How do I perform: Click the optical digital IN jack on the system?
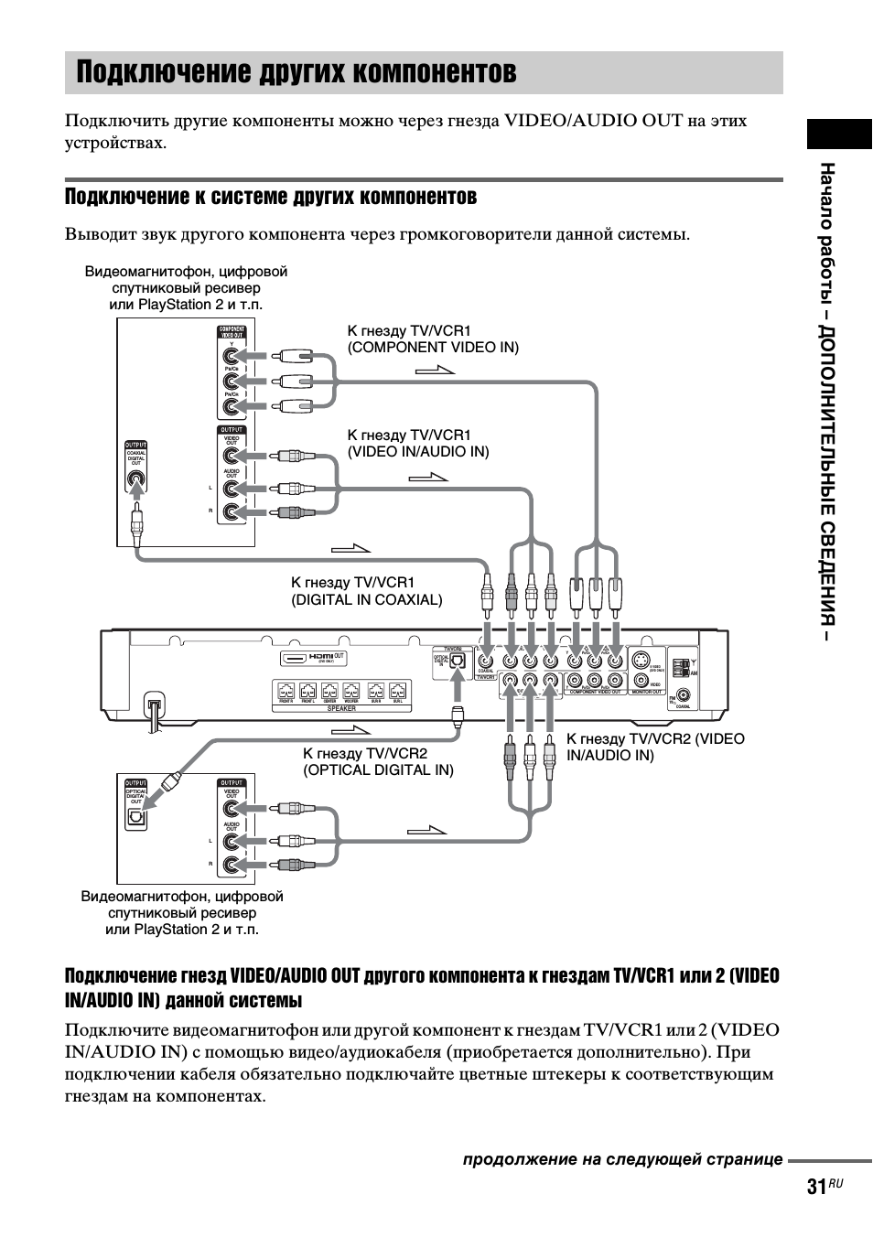[458, 660]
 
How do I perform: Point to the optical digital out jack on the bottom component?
[136, 817]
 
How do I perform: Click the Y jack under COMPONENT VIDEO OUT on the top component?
[232, 357]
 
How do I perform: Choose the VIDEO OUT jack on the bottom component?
[232, 809]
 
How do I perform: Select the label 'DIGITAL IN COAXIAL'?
[366, 600]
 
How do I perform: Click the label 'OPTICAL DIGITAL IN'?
[378, 770]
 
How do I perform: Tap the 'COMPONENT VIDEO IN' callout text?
[433, 348]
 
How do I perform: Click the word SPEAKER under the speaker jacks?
[341, 709]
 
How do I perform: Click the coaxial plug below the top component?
[136, 526]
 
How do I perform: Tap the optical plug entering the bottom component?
[170, 782]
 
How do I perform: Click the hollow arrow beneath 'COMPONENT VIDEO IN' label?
[435, 370]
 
